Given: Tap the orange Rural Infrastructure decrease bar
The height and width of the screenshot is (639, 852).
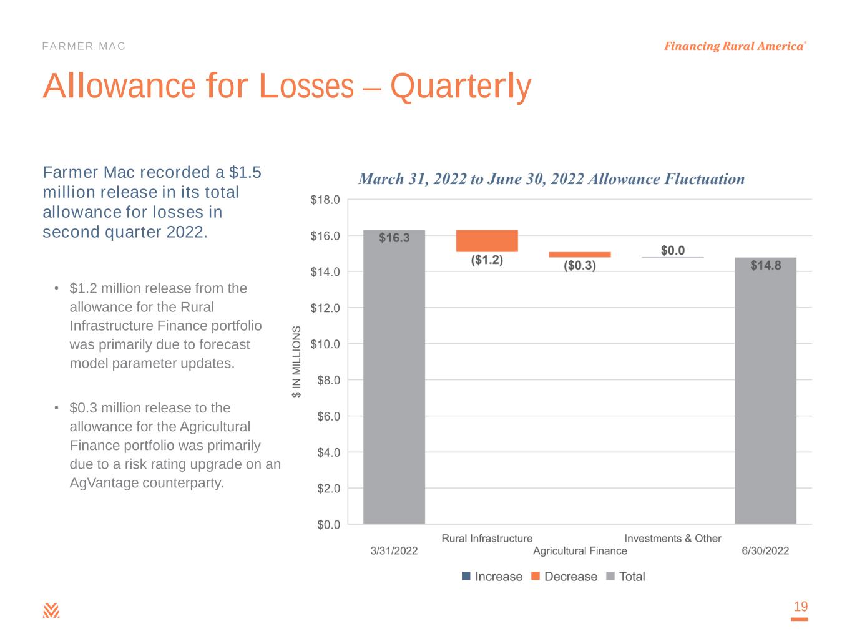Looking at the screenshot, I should coord(487,241).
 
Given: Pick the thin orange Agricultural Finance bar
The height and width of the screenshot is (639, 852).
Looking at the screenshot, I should coord(580,255).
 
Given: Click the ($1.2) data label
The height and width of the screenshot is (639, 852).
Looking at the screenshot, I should coord(487,260).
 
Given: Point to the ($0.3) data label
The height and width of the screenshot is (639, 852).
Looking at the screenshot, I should coord(580,266).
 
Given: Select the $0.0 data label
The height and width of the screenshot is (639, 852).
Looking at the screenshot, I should coord(673,250).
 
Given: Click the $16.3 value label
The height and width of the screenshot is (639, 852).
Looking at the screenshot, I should coord(394,238).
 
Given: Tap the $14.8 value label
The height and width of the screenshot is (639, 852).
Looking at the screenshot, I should coord(765,265).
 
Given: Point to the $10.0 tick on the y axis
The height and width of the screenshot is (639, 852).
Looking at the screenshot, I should coord(325,344).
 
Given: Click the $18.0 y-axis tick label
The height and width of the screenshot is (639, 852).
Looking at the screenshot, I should coord(325,200).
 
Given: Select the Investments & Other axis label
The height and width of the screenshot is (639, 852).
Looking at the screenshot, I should coord(673,538).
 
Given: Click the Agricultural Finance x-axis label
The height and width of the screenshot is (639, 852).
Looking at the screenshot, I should coord(580,550).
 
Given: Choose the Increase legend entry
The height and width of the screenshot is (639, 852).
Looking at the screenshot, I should coord(492,577).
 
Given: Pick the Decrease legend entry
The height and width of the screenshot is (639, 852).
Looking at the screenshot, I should coord(564,577).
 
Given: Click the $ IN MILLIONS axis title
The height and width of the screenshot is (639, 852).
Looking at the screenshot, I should coord(297,361).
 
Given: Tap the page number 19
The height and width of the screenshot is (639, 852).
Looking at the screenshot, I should coord(800,607).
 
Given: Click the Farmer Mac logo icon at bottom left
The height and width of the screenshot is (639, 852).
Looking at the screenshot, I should coord(51,610).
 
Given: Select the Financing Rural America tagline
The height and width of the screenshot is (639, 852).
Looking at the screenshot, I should coord(734,46).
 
